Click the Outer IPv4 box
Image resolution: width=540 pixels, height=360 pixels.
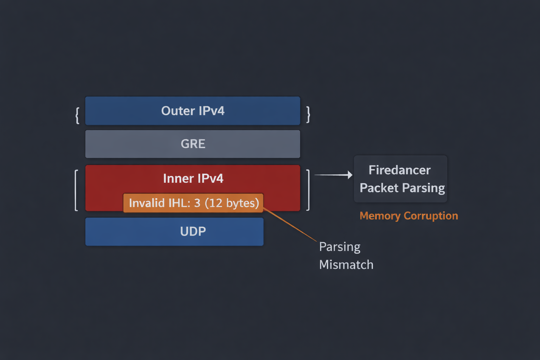pyautogui.click(x=193, y=111)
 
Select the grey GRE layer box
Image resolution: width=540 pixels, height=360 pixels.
pyautogui.click(x=193, y=144)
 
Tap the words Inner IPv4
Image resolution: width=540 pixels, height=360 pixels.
pyautogui.click(x=193, y=179)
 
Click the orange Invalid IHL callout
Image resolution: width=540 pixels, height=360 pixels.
pyautogui.click(x=193, y=203)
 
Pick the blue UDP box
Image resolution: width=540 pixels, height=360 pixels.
pyautogui.click(x=174, y=231)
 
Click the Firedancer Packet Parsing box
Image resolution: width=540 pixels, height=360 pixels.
pyautogui.click(x=400, y=179)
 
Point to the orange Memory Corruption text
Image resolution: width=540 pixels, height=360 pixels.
pyautogui.click(x=409, y=216)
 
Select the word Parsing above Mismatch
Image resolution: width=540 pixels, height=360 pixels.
pyautogui.click(x=340, y=247)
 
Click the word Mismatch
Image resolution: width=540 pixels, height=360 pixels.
pyautogui.click(x=346, y=265)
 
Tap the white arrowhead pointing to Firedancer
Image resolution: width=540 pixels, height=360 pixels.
pyautogui.click(x=350, y=175)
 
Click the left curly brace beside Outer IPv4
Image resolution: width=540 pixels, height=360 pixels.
pyautogui.click(x=77, y=115)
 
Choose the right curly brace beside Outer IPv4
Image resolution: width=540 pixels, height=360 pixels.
pyautogui.click(x=308, y=114)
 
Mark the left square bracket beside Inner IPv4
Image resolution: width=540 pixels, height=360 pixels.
pyautogui.click(x=76, y=190)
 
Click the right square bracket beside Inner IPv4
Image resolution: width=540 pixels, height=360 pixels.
pyautogui.click(x=308, y=190)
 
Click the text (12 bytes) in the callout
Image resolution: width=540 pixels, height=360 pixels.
pyautogui.click(x=232, y=203)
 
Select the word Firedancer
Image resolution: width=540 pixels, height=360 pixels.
pyautogui.click(x=399, y=170)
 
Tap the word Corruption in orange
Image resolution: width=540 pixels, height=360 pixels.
pyautogui.click(x=431, y=216)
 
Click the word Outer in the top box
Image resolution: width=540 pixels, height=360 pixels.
pyautogui.click(x=178, y=111)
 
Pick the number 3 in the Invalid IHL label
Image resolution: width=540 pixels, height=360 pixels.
pyautogui.click(x=197, y=203)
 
